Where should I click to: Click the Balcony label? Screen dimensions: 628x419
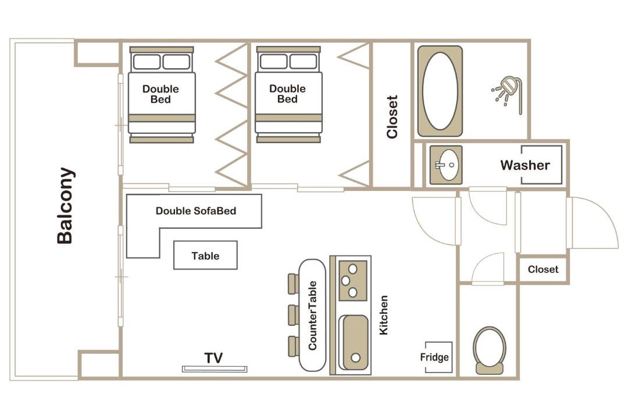65,205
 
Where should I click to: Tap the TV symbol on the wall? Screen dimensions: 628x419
215,369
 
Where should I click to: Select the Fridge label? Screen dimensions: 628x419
434,357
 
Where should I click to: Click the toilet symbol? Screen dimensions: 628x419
489,350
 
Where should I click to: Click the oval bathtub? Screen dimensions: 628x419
440,91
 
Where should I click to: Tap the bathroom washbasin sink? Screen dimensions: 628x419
446,165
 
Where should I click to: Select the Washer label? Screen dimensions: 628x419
524,165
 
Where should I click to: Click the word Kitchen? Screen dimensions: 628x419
384,315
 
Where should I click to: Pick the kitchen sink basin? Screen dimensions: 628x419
354,342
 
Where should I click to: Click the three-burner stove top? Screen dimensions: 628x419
353,280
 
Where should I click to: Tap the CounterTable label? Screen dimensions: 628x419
312,315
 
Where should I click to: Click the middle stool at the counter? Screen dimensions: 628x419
294,315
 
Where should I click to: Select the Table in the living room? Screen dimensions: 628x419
205,255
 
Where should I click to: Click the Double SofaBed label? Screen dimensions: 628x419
196,211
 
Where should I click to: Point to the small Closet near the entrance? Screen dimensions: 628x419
543,269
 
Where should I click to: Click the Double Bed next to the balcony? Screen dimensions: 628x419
162,95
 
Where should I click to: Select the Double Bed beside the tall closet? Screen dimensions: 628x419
288,95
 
